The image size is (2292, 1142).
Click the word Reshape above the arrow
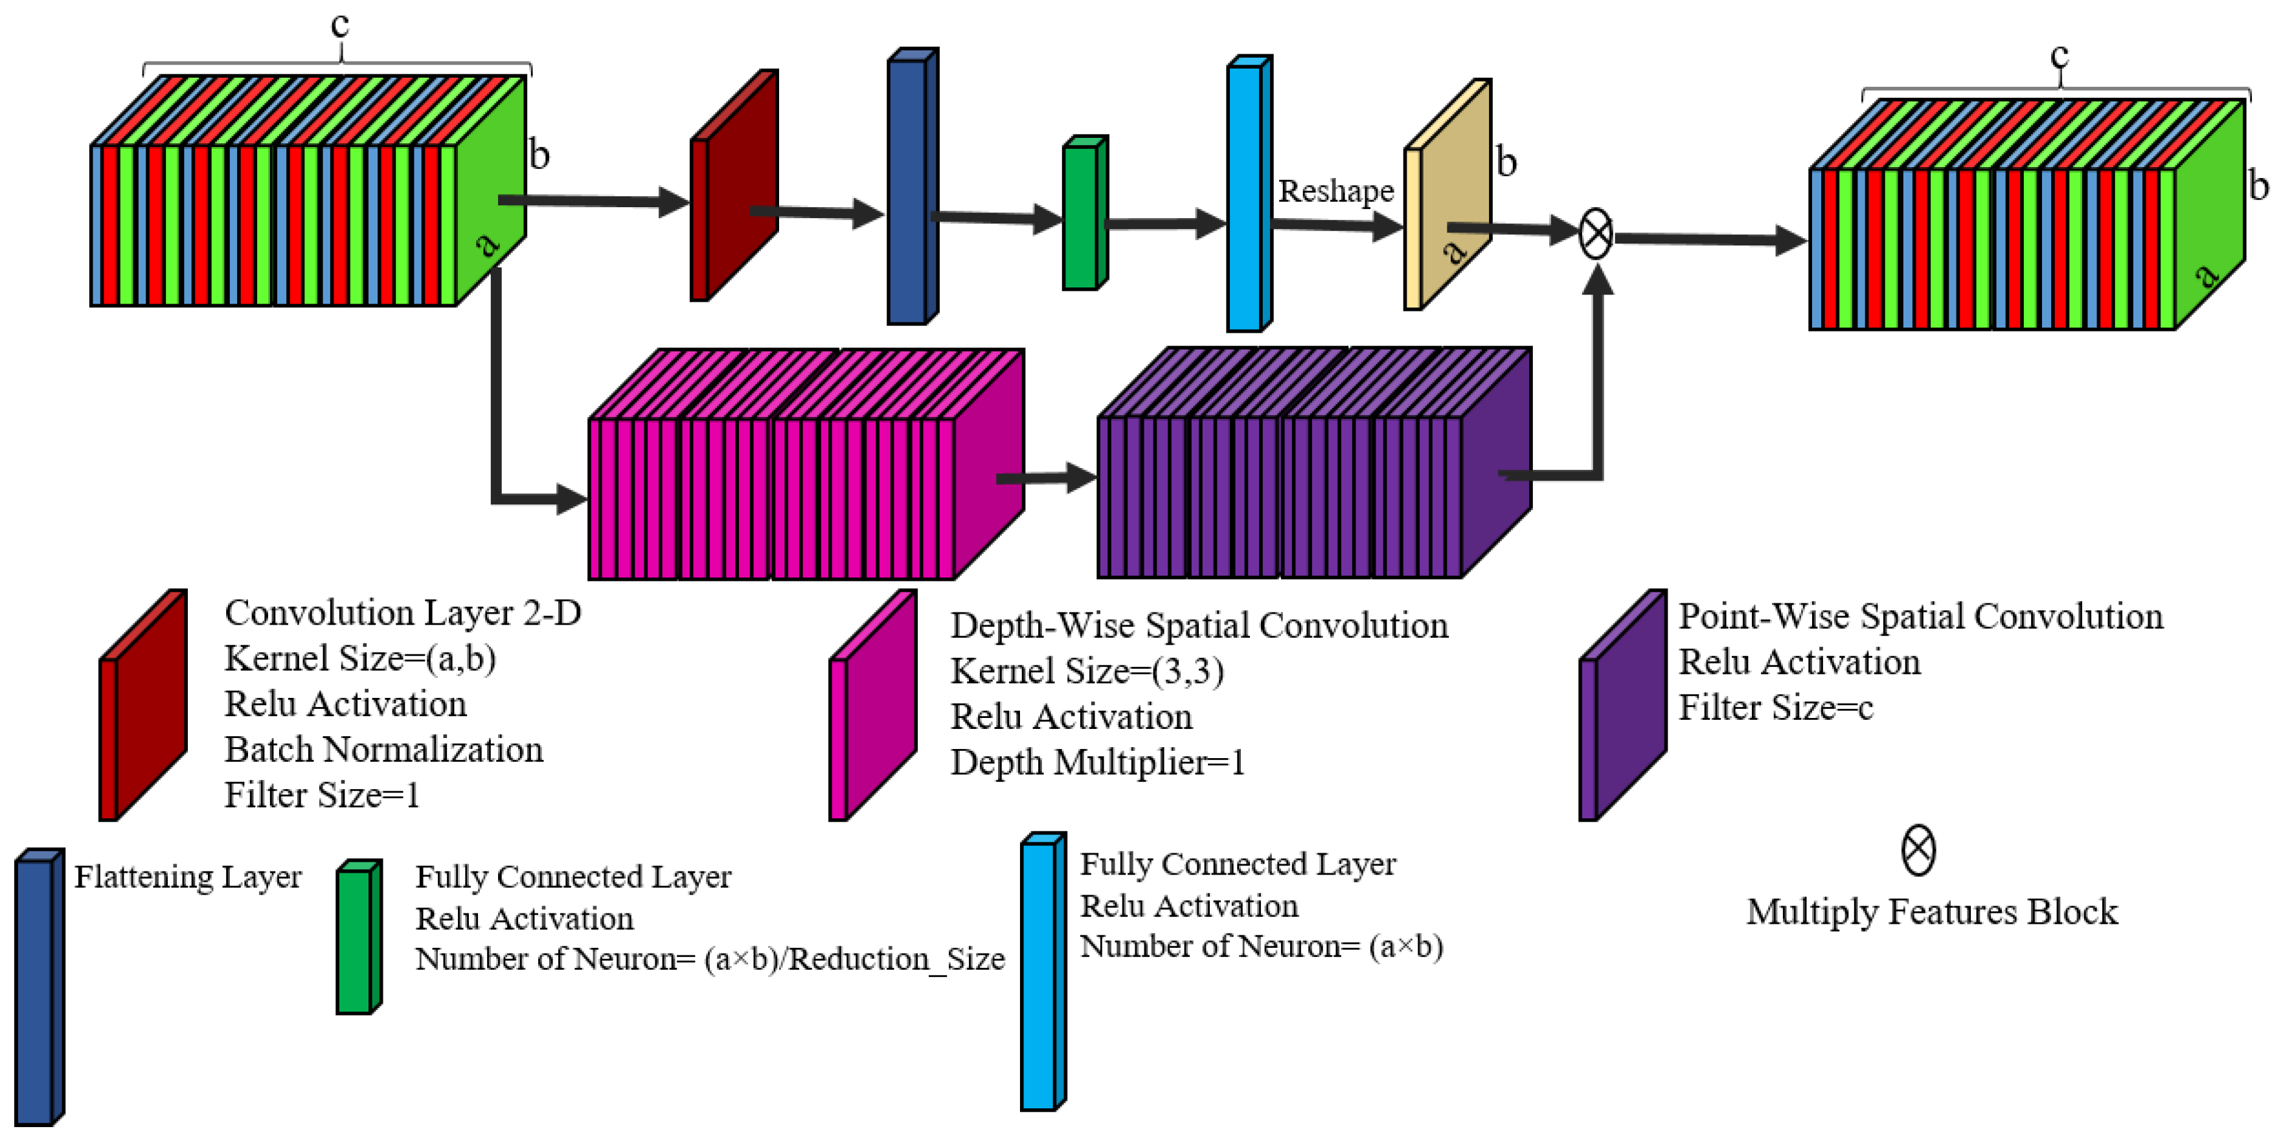(x=1335, y=190)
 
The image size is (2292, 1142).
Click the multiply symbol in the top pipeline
(x=1594, y=234)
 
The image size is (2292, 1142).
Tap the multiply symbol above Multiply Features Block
(x=1918, y=849)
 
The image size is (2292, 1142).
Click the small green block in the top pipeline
(x=1084, y=214)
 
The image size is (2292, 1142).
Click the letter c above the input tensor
(x=340, y=24)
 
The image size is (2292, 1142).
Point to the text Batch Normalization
(x=383, y=750)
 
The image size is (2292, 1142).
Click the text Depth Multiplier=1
(x=1097, y=762)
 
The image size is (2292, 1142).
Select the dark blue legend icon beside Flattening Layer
(x=38, y=987)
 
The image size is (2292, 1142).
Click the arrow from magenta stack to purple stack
(x=1045, y=478)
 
